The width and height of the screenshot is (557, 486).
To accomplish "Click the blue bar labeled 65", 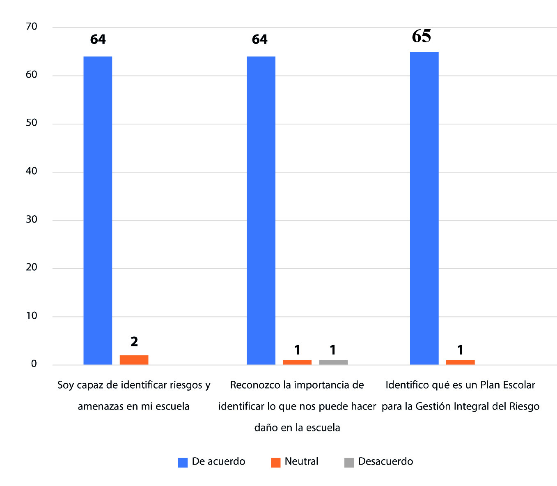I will tap(424, 208).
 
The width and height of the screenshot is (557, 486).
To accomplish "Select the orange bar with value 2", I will tap(134, 360).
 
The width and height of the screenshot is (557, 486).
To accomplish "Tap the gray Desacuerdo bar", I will tap(333, 362).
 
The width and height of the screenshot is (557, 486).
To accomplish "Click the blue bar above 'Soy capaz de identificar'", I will tap(98, 210).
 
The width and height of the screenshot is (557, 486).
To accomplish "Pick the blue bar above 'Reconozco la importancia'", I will tap(261, 210).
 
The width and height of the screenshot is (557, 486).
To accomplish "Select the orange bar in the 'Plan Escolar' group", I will tap(460, 362).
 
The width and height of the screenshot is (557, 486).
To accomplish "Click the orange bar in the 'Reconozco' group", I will tap(297, 362).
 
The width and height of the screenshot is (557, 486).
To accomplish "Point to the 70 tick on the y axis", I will tap(32, 27).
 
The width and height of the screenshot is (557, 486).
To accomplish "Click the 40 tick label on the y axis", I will tap(32, 171).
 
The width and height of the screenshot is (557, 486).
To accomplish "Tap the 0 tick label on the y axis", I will tap(34, 364).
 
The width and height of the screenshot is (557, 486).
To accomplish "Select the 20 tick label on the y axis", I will tap(32, 267).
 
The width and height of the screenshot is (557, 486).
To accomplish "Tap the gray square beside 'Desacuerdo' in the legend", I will tap(349, 463).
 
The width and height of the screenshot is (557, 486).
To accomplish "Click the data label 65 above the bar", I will tap(422, 36).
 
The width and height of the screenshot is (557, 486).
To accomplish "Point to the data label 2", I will tap(134, 341).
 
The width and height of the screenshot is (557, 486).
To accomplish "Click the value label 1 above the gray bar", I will tap(333, 350).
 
